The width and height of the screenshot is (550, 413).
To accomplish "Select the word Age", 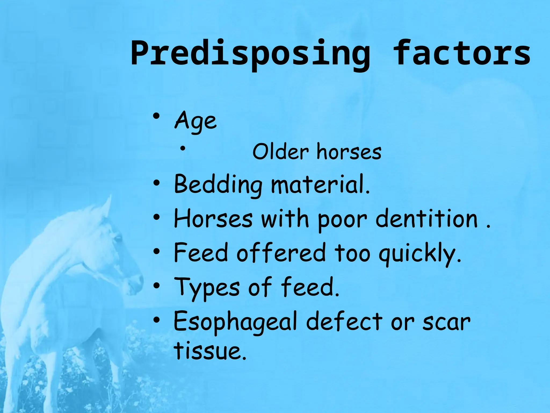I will point(196,121).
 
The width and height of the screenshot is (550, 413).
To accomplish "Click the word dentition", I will point(427,219).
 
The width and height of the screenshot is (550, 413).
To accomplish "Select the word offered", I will point(281,253).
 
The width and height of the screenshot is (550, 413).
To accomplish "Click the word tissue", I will point(210,351).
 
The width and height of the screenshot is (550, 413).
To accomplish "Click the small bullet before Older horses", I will point(183,148).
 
